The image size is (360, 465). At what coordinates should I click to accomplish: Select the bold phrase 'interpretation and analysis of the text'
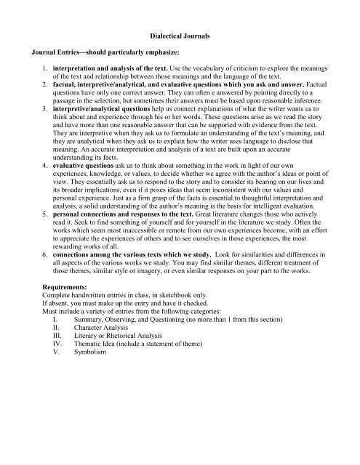coord(116,76)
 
